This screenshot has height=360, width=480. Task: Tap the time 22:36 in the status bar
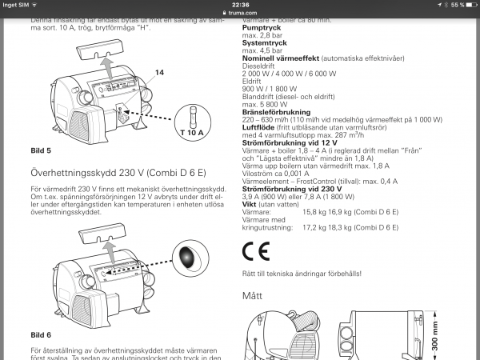(x=240, y=5)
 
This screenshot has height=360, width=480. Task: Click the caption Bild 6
(x=40, y=334)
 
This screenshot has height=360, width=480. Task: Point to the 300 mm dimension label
(x=469, y=336)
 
